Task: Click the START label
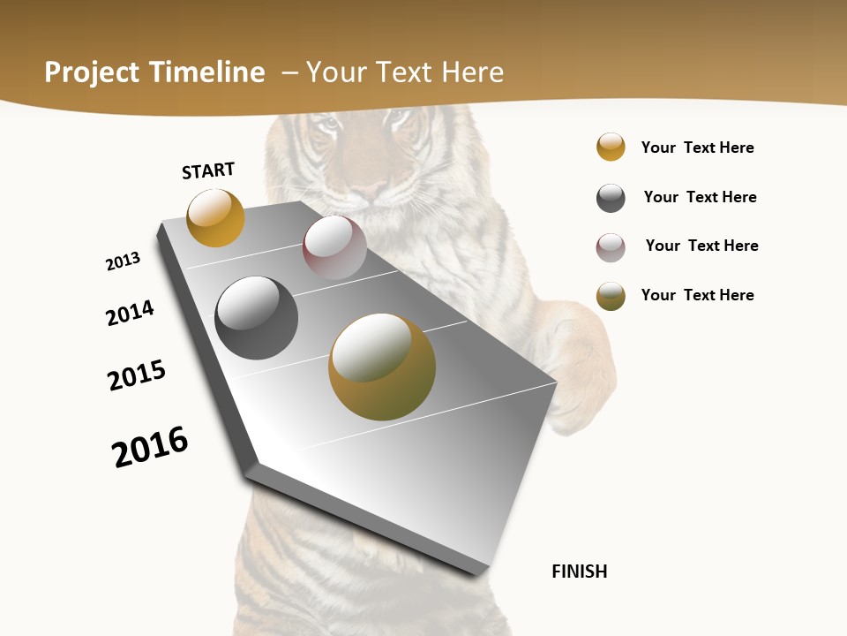(208, 170)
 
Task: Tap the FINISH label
(580, 572)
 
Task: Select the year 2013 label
(123, 261)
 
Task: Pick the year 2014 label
(130, 313)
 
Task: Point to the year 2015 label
(137, 375)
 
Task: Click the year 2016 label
(150, 446)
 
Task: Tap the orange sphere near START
(215, 217)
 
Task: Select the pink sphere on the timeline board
(334, 247)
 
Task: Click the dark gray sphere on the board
(256, 318)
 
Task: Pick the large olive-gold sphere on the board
(382, 367)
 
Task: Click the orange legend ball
(611, 147)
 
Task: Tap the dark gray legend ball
(611, 198)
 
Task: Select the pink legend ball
(611, 247)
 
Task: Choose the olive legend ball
(611, 296)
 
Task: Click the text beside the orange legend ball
(697, 148)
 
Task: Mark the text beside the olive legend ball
(697, 295)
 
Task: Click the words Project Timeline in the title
(154, 72)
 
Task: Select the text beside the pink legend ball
(701, 246)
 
